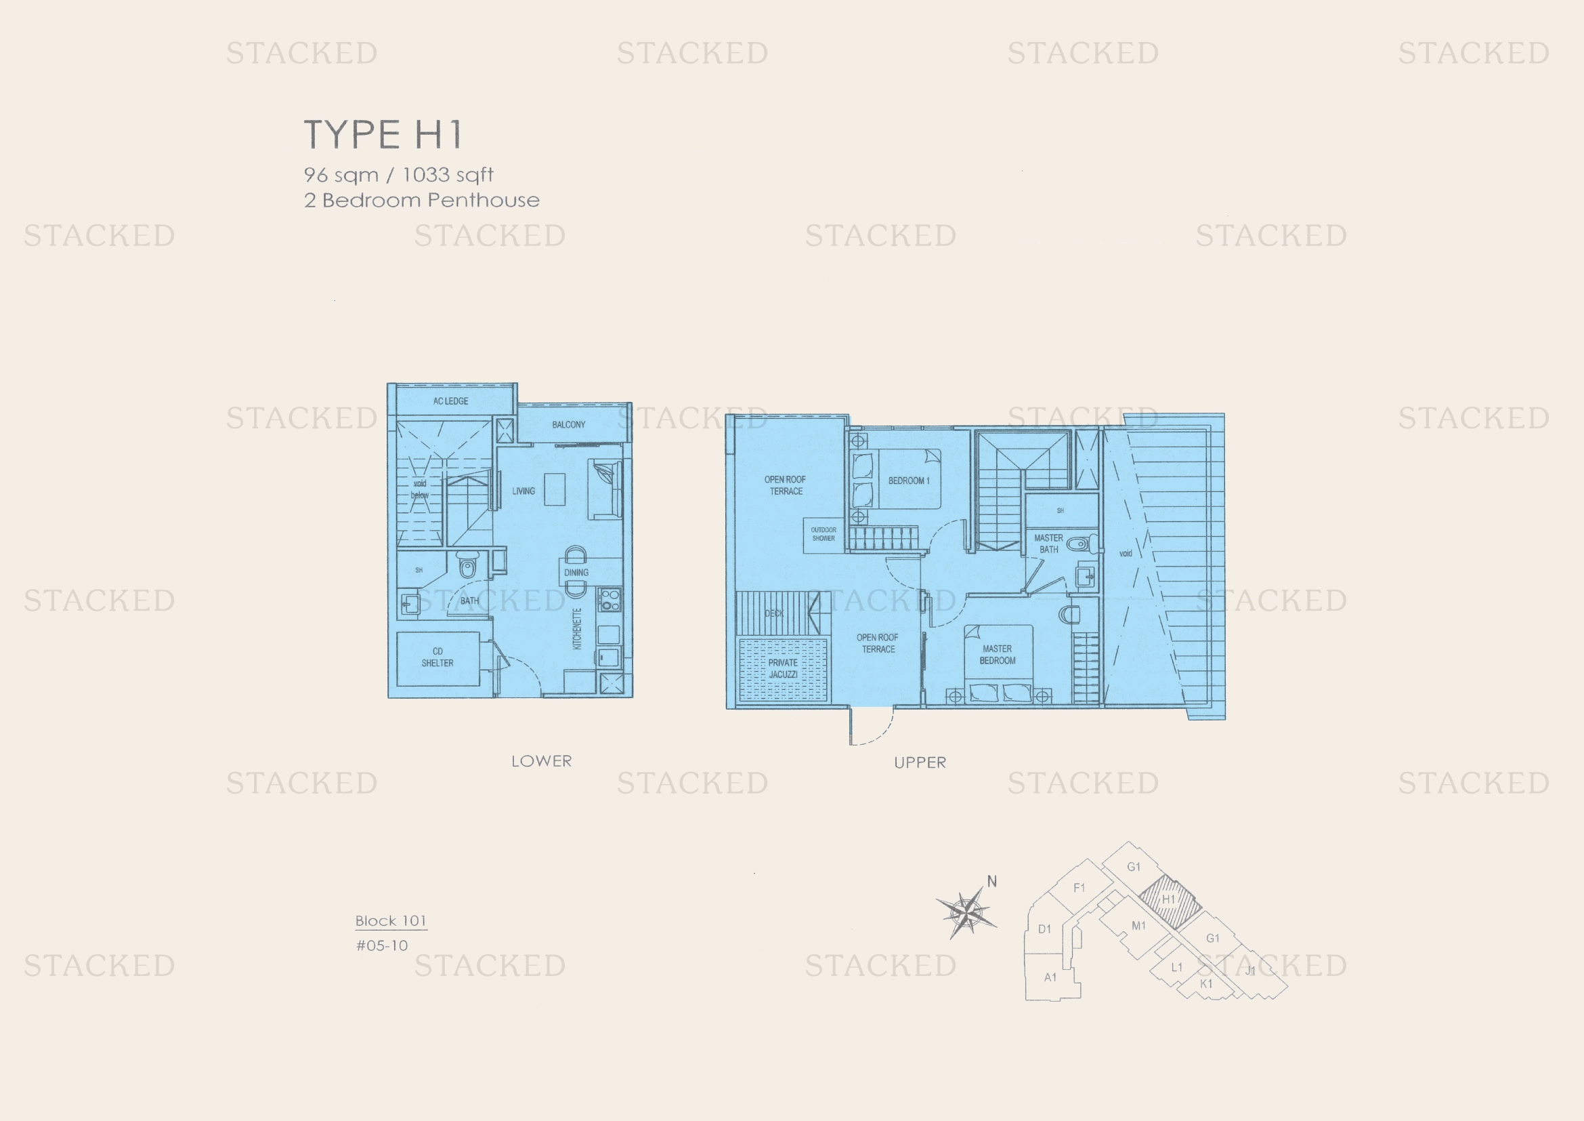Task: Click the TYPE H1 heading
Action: click(x=383, y=134)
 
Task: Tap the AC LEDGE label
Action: click(x=450, y=401)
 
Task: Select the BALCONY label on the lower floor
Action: click(x=568, y=424)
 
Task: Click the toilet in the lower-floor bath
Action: click(x=468, y=567)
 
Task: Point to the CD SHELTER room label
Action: click(x=437, y=657)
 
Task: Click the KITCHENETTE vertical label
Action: click(x=578, y=629)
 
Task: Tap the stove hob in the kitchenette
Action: click(x=609, y=599)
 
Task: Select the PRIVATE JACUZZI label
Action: click(x=783, y=668)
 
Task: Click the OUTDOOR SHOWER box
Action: click(x=823, y=534)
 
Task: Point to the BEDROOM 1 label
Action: click(x=909, y=481)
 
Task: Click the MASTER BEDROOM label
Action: click(x=998, y=655)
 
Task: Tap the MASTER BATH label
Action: click(x=1048, y=544)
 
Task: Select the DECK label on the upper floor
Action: click(x=774, y=613)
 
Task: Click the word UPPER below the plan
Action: click(x=920, y=762)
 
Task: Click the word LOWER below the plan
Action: click(x=542, y=761)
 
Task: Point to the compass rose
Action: click(x=967, y=913)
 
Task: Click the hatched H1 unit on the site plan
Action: click(x=1169, y=900)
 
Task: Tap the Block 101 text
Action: click(x=391, y=921)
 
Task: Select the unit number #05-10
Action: click(x=381, y=945)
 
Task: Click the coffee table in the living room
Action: click(x=555, y=489)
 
